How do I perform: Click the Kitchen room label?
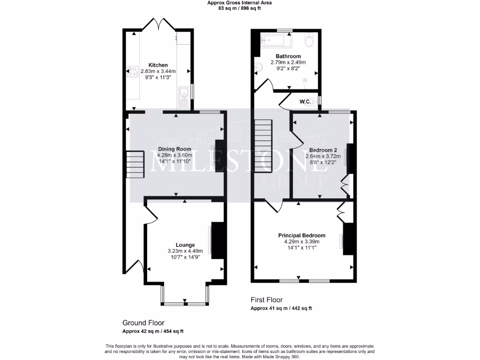[158, 65]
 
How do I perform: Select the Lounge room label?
[185, 245]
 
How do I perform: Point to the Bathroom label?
[288, 56]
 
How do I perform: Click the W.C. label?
[306, 101]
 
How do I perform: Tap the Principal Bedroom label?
[301, 235]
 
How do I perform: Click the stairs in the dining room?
[135, 165]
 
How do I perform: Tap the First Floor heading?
[266, 300]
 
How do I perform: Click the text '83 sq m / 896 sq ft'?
[240, 8]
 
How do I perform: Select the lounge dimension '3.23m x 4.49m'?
[185, 251]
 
